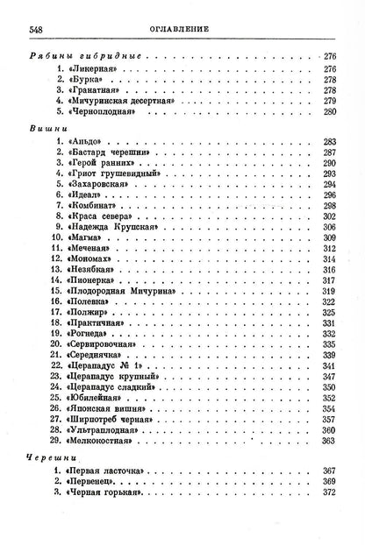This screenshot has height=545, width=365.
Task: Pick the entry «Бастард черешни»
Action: coord(111,152)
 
